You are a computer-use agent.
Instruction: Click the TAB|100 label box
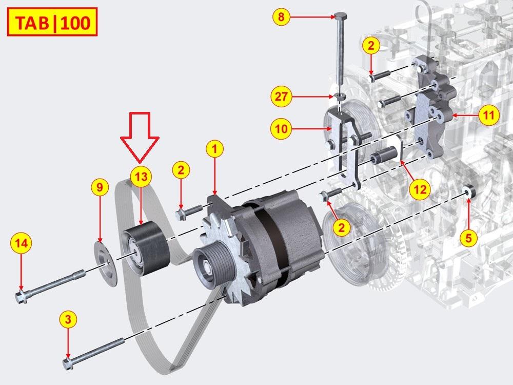point(52,22)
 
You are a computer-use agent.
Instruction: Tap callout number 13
point(141,177)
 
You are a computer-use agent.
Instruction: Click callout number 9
point(100,187)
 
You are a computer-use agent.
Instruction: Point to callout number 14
point(21,243)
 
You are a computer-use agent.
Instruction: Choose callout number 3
point(68,319)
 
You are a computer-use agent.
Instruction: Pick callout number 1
point(214,149)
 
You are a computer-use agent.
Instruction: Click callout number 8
point(281,16)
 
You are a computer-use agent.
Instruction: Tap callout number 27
point(281,97)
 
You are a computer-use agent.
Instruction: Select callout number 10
point(281,129)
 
